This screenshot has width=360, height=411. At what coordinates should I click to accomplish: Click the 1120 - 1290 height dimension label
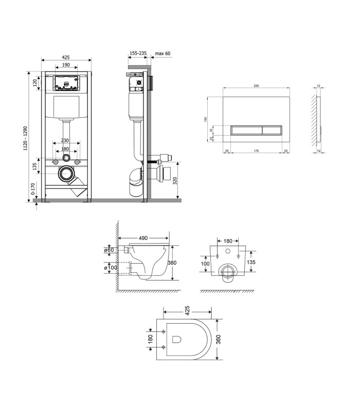click(x=26, y=138)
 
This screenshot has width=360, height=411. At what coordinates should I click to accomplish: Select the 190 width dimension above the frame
click(x=66, y=65)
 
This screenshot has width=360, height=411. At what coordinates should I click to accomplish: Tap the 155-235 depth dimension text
click(x=138, y=53)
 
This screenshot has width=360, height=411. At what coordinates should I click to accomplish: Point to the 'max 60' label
click(x=163, y=53)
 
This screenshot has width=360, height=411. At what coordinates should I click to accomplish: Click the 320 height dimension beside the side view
click(x=175, y=181)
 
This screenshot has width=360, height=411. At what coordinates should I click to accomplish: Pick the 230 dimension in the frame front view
click(x=65, y=140)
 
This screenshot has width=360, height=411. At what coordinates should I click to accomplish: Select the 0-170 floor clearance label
click(x=33, y=189)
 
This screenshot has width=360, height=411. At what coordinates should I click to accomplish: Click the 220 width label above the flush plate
click(x=256, y=86)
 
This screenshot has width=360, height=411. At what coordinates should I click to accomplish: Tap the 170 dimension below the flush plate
click(x=256, y=151)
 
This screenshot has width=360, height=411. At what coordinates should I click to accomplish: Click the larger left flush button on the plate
click(x=246, y=130)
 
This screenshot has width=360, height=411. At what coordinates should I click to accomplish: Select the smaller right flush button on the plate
click(x=273, y=130)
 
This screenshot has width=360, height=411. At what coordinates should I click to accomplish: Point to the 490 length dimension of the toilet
click(x=143, y=238)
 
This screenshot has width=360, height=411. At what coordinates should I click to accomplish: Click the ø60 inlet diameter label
click(x=109, y=250)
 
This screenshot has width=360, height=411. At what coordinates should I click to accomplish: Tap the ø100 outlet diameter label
click(x=111, y=268)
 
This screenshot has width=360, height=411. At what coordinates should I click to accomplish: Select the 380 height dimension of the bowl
click(x=172, y=263)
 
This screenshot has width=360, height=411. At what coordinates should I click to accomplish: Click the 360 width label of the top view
click(x=218, y=339)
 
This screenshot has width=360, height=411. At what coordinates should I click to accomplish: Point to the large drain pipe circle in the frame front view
click(x=66, y=174)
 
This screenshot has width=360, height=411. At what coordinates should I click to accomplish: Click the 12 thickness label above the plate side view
click(x=318, y=86)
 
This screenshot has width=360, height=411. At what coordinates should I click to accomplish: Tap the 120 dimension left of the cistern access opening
click(x=34, y=83)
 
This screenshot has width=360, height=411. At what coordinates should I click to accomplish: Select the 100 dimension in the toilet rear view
click(x=205, y=264)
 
